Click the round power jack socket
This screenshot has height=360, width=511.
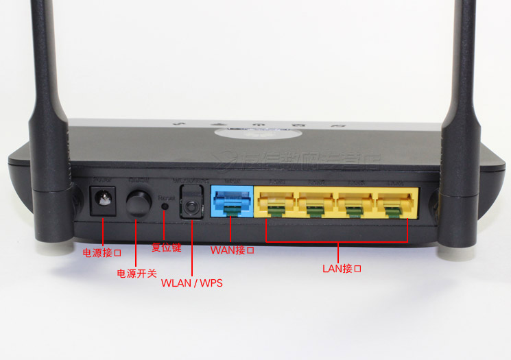(104, 201)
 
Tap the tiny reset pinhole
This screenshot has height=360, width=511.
(164, 204)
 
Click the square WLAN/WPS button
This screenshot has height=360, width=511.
(191, 204)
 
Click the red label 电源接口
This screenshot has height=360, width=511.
(102, 253)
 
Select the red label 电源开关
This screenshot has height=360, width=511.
(136, 274)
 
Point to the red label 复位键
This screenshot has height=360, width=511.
(166, 248)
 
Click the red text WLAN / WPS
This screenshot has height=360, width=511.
(192, 283)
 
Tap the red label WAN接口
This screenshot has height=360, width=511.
(232, 250)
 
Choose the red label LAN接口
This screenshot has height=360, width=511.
(342, 268)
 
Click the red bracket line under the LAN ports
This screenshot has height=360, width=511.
(336, 241)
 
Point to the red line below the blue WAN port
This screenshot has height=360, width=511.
(232, 229)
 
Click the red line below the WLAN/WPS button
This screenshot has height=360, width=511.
(192, 247)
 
